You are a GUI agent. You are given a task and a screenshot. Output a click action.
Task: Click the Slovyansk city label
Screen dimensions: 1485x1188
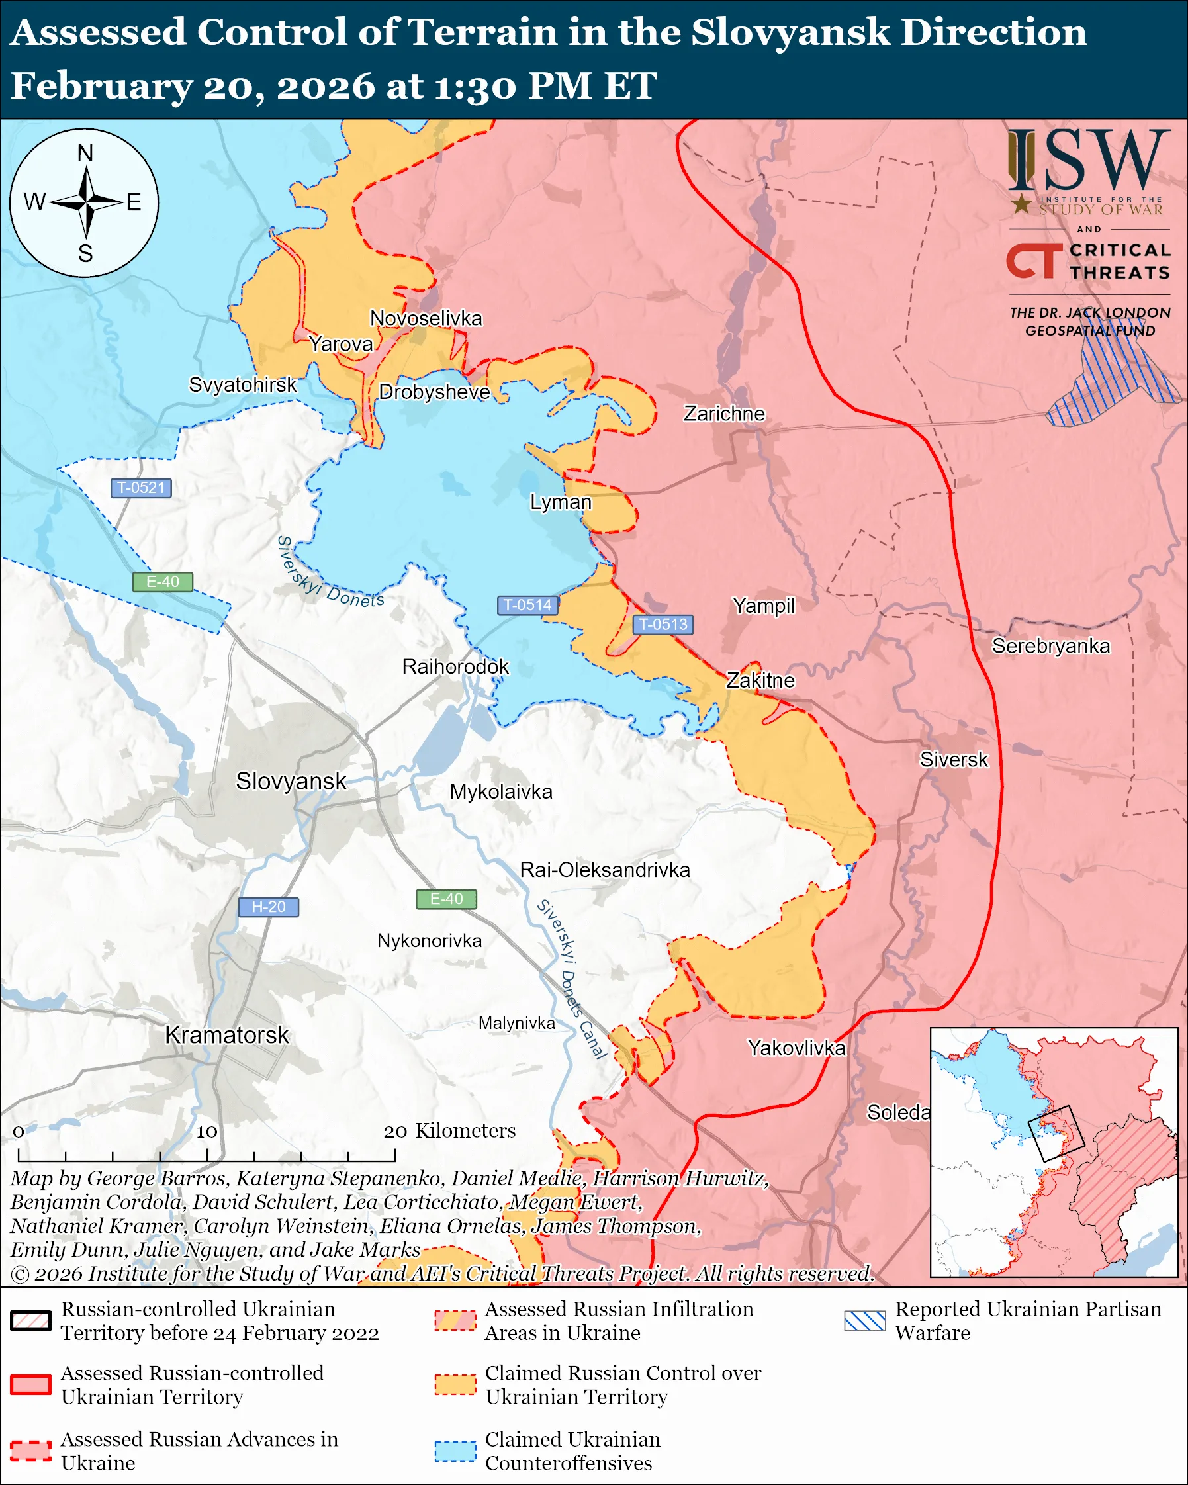tap(291, 781)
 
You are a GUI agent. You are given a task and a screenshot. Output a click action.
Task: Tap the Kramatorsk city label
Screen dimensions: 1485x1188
tap(226, 1034)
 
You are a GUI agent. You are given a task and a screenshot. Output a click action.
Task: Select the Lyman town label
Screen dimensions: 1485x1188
tap(561, 502)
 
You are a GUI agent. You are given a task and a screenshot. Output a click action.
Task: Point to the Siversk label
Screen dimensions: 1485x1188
tap(954, 759)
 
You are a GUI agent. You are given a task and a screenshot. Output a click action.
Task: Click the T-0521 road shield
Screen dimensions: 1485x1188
tap(141, 488)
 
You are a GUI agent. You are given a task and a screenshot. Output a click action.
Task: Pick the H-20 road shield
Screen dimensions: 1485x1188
tap(268, 907)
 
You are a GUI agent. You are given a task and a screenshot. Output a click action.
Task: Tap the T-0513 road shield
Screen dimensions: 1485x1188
tap(663, 624)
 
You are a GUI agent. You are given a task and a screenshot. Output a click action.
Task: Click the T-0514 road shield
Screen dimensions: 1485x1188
tap(527, 605)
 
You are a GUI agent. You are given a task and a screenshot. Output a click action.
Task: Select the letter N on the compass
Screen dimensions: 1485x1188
tap(85, 153)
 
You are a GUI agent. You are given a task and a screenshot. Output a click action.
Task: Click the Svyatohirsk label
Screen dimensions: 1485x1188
tap(242, 384)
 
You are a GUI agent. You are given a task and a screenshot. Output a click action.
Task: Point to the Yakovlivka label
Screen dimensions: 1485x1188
tap(797, 1048)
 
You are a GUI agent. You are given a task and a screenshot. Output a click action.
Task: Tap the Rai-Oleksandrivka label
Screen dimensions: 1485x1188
tap(605, 870)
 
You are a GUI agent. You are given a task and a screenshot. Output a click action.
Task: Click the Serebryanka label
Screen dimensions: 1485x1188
tap(1050, 645)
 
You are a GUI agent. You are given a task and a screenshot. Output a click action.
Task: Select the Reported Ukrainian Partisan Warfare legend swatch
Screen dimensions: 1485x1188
tap(865, 1320)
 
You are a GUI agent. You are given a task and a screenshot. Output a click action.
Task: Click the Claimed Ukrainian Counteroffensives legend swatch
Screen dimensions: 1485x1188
tap(455, 1451)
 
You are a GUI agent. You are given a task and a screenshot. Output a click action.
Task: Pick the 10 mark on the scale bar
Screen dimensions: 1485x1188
tap(206, 1132)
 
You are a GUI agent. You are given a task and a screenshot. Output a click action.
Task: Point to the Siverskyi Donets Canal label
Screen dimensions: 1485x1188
tap(572, 979)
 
